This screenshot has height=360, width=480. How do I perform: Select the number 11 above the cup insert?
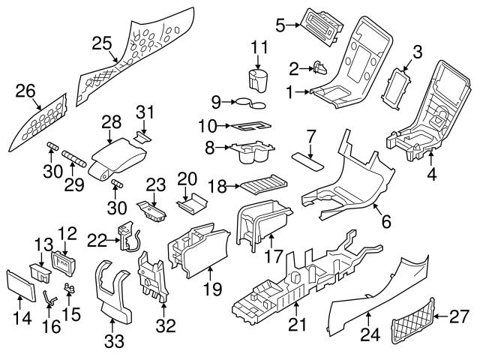259,47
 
